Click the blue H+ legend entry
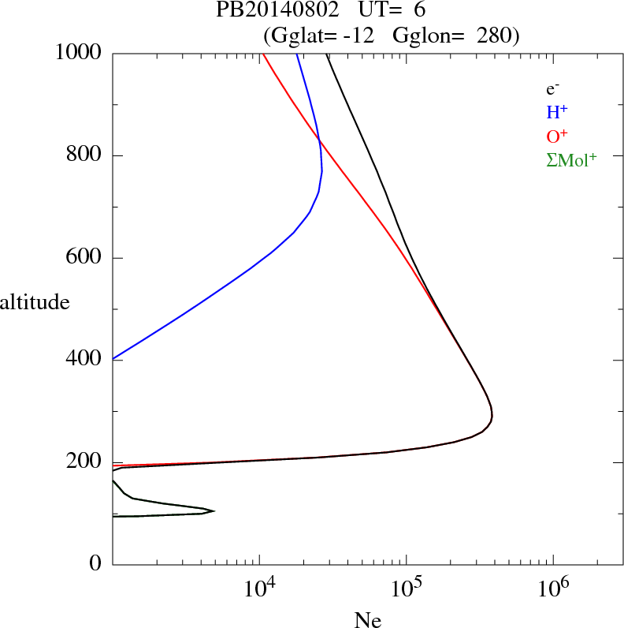[557, 112]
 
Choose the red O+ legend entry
[557, 136]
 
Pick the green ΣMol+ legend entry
[571, 159]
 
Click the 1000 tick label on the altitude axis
[79, 53]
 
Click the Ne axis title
[366, 620]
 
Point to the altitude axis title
[35, 301]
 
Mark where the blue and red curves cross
[319, 141]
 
